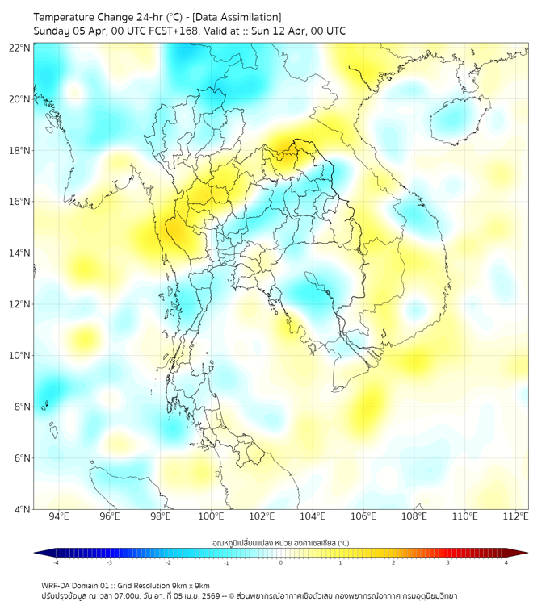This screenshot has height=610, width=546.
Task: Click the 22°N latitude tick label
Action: click(x=20, y=48)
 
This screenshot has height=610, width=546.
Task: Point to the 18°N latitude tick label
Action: click(x=20, y=151)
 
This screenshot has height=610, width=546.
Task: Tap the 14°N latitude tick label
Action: click(x=20, y=253)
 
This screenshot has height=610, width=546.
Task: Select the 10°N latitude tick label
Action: click(x=20, y=356)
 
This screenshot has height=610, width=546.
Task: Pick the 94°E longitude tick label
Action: click(x=59, y=516)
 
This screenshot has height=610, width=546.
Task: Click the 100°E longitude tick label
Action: click(x=211, y=516)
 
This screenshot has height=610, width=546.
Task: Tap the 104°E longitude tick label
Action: click(x=313, y=516)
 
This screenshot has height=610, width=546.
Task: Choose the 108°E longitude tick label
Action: click(x=414, y=516)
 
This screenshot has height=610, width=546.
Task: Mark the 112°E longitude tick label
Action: click(x=515, y=516)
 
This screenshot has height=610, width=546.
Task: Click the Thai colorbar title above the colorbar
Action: click(x=280, y=543)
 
